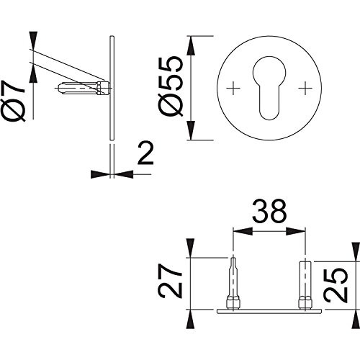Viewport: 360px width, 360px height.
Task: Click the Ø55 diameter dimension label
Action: pyautogui.click(x=171, y=86)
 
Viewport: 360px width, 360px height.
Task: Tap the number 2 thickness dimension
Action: pyautogui.click(x=145, y=153)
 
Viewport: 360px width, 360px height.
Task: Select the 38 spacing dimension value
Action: pyautogui.click(x=269, y=212)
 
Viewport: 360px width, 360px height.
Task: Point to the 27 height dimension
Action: pyautogui.click(x=170, y=281)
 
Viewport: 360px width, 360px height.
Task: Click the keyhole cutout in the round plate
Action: pyautogui.click(x=269, y=88)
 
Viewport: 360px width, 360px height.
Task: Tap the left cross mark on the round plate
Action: pyautogui.click(x=233, y=88)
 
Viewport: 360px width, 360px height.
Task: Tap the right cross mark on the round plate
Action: pyautogui.click(x=305, y=88)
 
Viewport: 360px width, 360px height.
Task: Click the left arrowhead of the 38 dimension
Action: pyautogui.click(x=243, y=232)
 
